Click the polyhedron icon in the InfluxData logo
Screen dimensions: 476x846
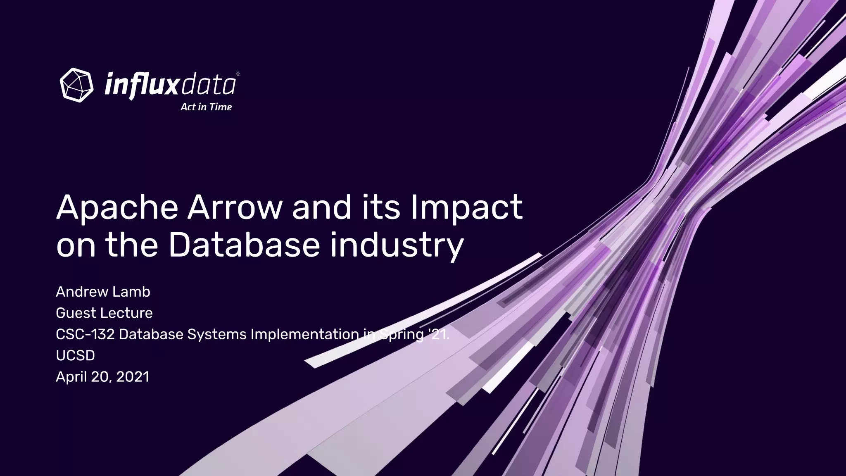76,85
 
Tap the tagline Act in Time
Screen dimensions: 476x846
206,107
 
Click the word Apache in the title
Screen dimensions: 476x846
117,208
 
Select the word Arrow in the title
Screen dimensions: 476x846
234,208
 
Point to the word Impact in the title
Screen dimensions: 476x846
466,208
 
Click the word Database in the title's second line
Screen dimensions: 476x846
244,245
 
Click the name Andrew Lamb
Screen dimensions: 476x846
103,292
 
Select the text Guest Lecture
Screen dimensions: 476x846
104,313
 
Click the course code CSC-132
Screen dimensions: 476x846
85,334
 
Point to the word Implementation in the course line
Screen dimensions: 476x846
304,334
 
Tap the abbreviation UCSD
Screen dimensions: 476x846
75,355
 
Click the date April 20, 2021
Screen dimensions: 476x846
102,377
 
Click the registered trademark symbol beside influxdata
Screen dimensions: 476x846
238,74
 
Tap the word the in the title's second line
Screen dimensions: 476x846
131,245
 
